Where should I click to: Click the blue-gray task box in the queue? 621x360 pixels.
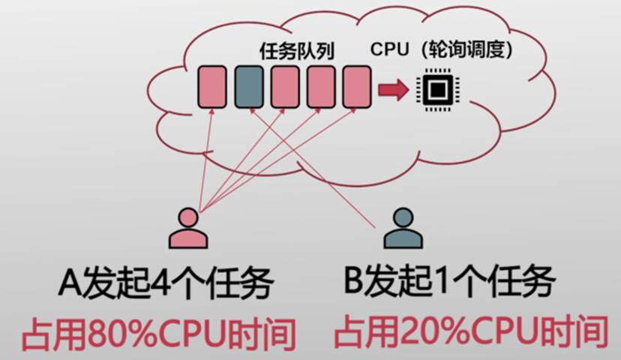(249, 86)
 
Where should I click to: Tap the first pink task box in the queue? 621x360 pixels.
(212, 86)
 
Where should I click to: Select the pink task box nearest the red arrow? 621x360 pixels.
(357, 86)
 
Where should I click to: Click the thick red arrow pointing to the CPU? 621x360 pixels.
(392, 91)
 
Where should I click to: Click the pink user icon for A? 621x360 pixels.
(187, 228)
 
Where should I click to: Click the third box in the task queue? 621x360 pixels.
(285, 86)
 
